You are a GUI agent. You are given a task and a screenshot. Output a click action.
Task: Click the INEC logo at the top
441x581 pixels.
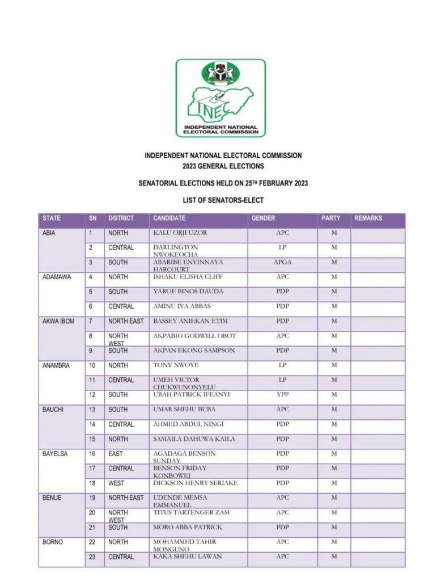220,98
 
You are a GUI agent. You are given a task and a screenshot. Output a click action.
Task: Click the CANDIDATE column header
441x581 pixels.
169,218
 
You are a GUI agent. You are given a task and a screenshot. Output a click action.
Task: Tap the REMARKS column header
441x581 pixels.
368,218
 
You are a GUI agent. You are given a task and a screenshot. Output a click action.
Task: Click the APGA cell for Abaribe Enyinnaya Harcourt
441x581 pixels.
282,262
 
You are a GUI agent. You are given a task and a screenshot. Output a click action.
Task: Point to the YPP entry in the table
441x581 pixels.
282,395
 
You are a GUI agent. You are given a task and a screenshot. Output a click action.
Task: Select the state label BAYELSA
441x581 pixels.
55,454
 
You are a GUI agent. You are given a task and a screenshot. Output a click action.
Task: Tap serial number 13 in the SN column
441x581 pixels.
92,410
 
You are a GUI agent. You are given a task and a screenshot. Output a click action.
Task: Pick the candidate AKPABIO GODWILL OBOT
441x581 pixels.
194,336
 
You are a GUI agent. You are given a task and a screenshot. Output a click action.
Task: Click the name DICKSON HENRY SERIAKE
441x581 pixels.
195,483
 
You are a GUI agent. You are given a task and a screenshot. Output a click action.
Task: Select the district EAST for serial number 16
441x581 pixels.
116,454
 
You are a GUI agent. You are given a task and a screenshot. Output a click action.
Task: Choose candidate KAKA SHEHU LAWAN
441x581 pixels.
188,557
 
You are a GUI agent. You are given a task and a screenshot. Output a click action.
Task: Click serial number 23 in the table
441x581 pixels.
92,557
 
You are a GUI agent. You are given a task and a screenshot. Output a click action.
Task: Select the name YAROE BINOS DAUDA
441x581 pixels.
188,292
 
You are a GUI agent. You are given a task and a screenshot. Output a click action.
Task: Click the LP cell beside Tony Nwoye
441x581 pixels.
282,365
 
